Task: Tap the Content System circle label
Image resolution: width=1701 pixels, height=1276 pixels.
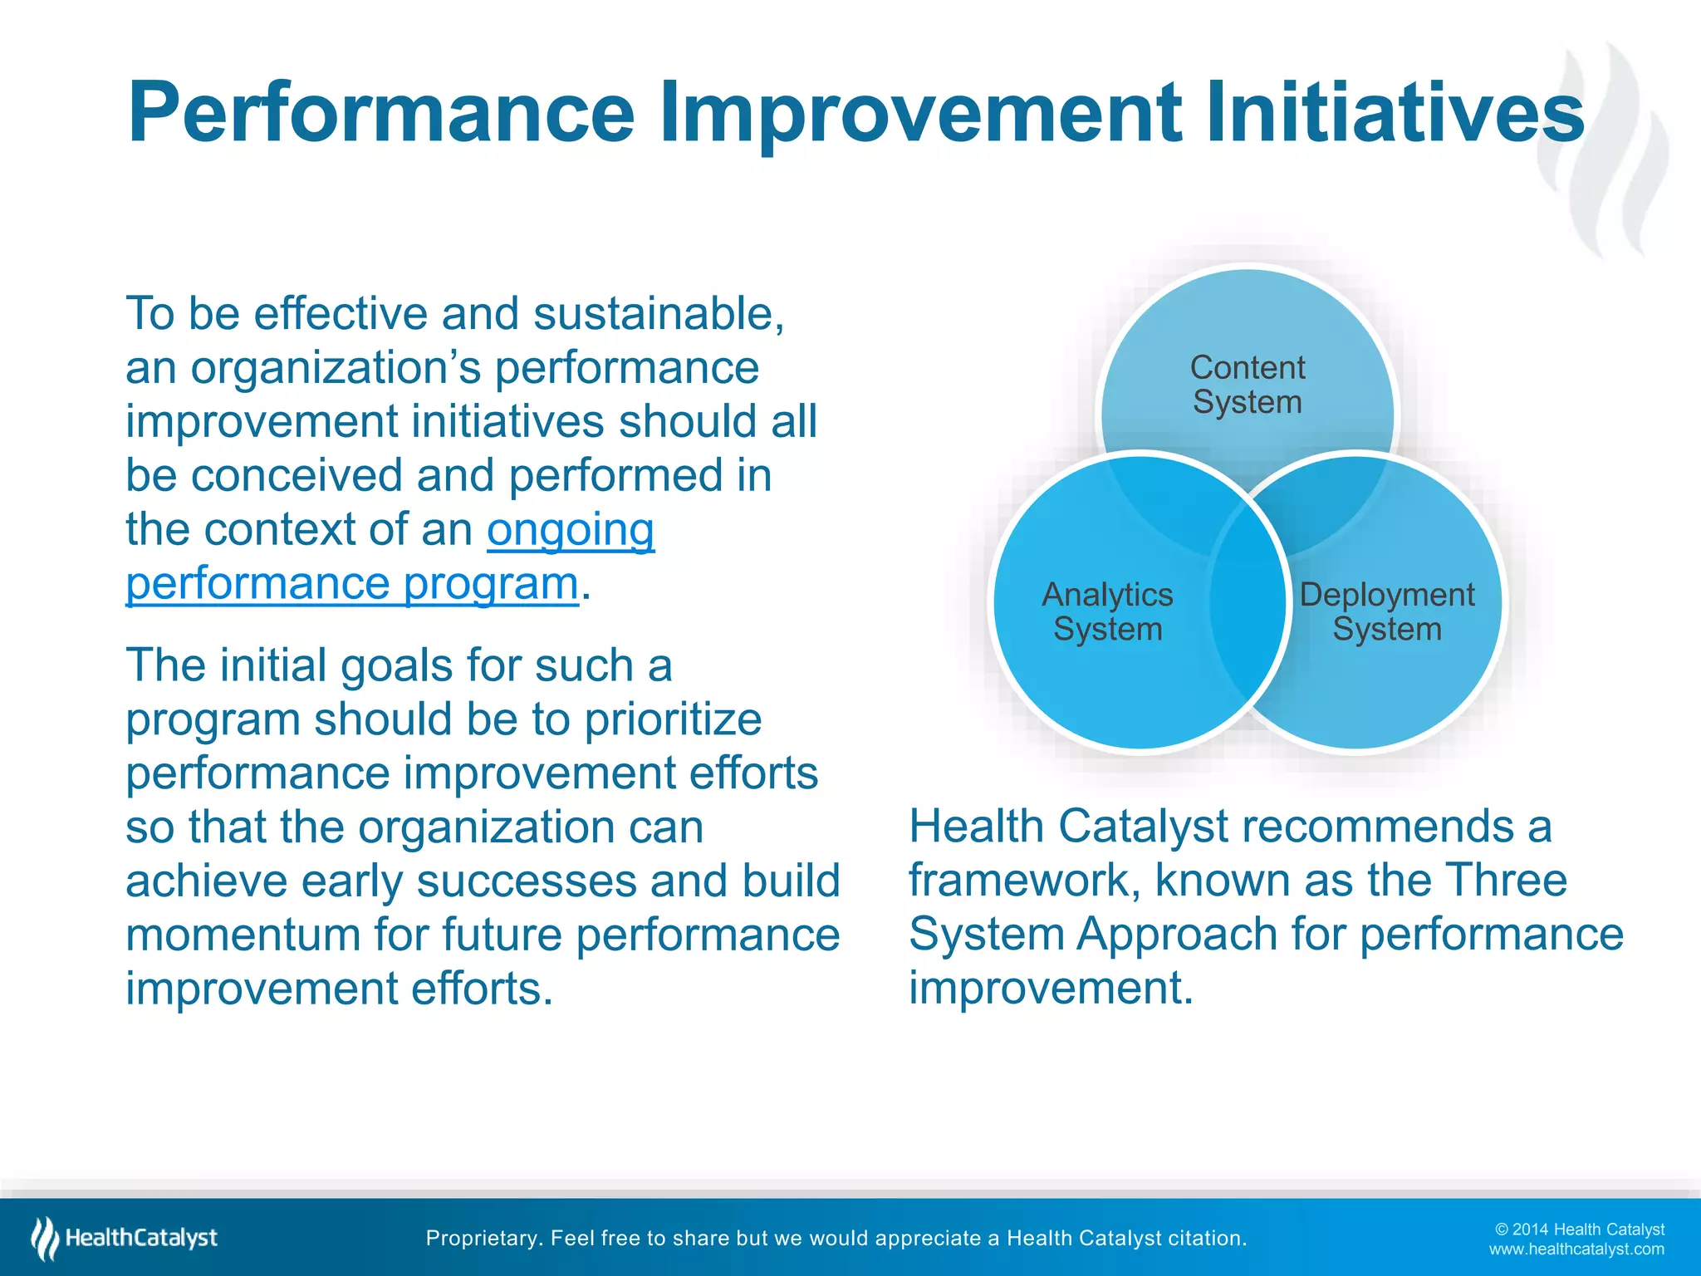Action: click(x=1247, y=385)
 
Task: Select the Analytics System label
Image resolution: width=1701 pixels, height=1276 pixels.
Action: click(x=1107, y=611)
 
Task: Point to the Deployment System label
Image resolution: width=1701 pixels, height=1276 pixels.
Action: click(x=1386, y=611)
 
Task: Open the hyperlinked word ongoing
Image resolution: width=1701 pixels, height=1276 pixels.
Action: click(x=571, y=531)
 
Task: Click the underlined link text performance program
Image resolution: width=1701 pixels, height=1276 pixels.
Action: click(x=351, y=584)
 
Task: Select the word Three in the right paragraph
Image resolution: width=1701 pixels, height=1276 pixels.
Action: click(x=1505, y=880)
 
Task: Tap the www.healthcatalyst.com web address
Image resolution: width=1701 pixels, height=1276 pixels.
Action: click(x=1576, y=1249)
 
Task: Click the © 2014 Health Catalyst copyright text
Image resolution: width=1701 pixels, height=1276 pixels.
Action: click(x=1579, y=1229)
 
